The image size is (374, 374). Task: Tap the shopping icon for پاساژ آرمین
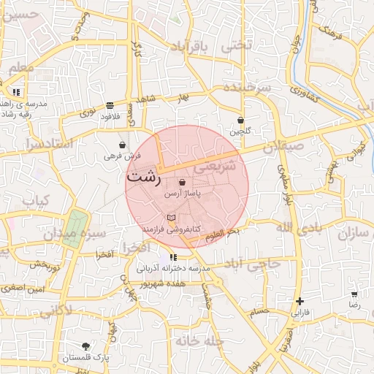click(x=181, y=183)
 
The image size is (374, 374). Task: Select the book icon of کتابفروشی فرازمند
click(x=171, y=218)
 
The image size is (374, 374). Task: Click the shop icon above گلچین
click(x=240, y=120)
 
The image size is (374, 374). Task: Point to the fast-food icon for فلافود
click(x=110, y=105)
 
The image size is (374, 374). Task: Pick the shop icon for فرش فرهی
click(x=121, y=145)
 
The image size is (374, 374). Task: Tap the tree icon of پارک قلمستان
click(x=86, y=346)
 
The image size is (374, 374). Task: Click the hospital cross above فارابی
click(x=299, y=301)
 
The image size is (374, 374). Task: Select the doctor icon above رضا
click(x=354, y=293)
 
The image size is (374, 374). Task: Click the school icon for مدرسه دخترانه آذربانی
click(x=173, y=257)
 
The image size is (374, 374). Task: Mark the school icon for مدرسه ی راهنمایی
click(x=16, y=93)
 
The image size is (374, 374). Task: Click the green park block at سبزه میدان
click(x=77, y=222)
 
